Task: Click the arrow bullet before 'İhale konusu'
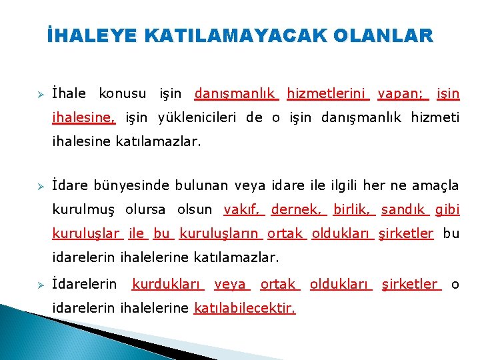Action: click(x=39, y=94)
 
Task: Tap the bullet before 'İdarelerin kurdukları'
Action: click(x=39, y=285)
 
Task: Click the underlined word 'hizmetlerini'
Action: click(x=327, y=94)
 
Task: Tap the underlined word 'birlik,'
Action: click(x=353, y=209)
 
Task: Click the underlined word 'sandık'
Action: click(x=405, y=209)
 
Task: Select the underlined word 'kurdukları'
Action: click(x=167, y=285)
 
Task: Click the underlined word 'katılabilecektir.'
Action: click(x=245, y=309)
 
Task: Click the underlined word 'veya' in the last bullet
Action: click(x=231, y=285)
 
